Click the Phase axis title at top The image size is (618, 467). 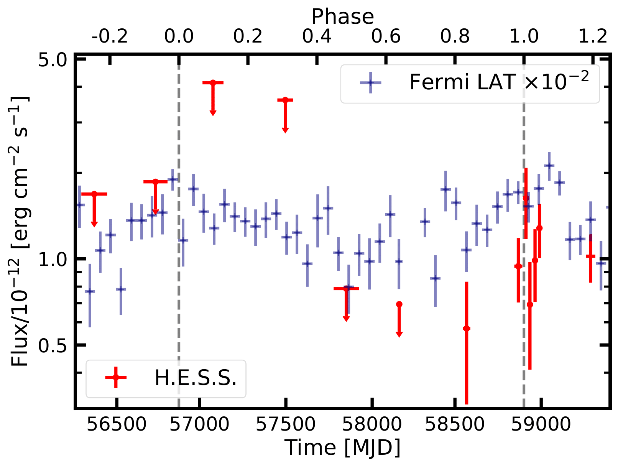(x=342, y=17)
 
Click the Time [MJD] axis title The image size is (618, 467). (x=342, y=447)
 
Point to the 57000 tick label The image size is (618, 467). (x=199, y=424)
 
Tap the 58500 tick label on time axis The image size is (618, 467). (x=454, y=424)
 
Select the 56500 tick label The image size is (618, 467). (x=117, y=424)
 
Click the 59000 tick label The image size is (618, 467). (x=541, y=424)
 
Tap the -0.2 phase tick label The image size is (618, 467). (x=110, y=36)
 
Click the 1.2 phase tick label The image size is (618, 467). (x=593, y=36)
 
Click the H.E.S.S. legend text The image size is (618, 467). (x=196, y=378)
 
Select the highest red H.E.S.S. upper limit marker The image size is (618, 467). (x=213, y=82)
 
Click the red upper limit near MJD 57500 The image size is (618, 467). (x=285, y=100)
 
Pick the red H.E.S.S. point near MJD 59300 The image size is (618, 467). (x=590, y=256)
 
